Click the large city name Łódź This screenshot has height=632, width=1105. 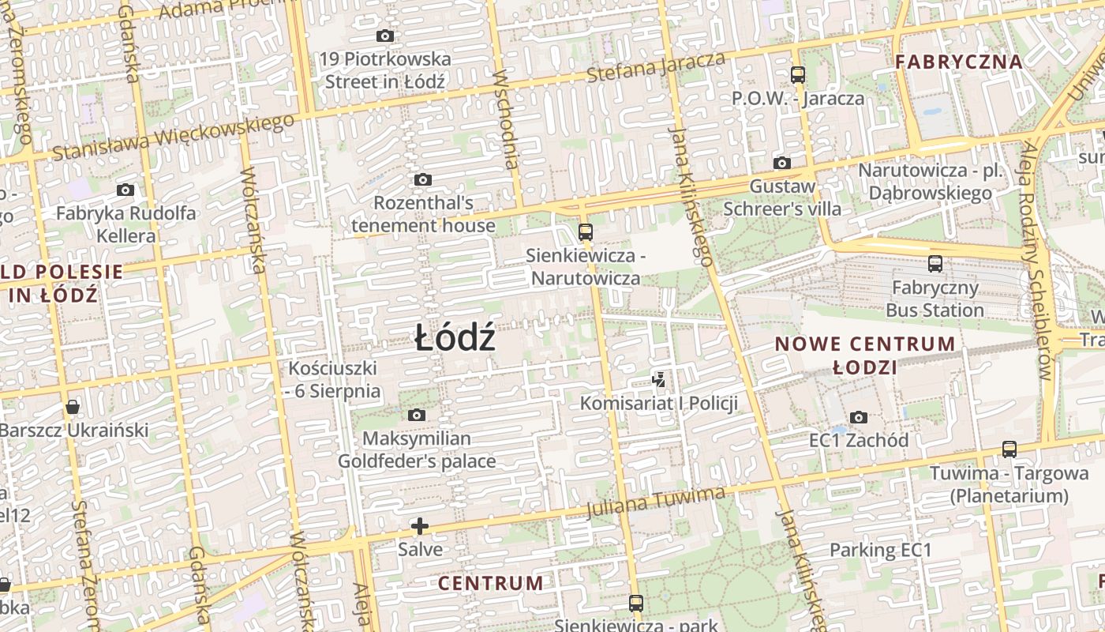455,339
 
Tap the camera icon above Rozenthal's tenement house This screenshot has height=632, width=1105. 423,180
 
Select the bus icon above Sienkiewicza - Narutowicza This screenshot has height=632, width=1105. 585,231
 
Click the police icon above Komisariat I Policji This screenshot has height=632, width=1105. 659,380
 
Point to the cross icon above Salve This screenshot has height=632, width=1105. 420,526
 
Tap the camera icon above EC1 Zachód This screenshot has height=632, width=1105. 859,417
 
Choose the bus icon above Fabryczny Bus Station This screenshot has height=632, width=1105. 935,264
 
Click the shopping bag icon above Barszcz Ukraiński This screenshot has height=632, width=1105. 73,407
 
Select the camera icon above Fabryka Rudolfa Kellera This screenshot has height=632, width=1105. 125,190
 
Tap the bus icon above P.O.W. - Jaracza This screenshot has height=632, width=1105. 798,75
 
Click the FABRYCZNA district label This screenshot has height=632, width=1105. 959,62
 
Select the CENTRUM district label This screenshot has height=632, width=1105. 490,584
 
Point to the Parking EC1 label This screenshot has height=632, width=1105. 881,551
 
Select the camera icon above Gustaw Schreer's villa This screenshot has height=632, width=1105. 782,164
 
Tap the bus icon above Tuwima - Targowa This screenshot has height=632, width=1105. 1009,450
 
